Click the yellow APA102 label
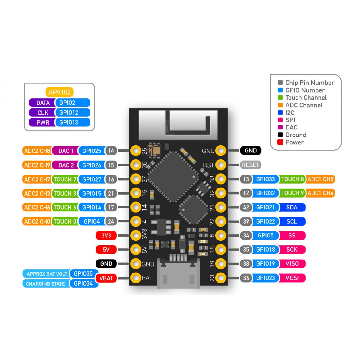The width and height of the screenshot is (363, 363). pyautogui.click(x=60, y=92)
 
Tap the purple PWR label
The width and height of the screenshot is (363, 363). pyautogui.click(x=42, y=123)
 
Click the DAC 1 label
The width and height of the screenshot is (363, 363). pyautogui.click(x=65, y=151)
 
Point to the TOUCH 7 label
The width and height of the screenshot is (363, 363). pyautogui.click(x=64, y=179)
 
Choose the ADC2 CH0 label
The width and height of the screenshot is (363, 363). pyautogui.click(x=37, y=221)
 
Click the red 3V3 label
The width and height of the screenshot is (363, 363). pyautogui.click(x=106, y=236)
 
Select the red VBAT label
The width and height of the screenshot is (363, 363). pyautogui.click(x=106, y=278)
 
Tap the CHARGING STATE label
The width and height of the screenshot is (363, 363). pyautogui.click(x=45, y=284)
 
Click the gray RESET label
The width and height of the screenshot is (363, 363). pyautogui.click(x=250, y=165)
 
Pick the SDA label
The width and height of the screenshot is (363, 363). pyautogui.click(x=292, y=208)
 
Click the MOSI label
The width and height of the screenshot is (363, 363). pyautogui.click(x=292, y=278)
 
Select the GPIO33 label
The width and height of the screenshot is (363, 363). pyautogui.click(x=265, y=179)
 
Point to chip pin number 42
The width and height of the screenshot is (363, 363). pyautogui.click(x=246, y=208)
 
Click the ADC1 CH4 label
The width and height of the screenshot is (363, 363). pyautogui.click(x=320, y=193)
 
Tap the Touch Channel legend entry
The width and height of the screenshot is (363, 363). pyautogui.click(x=306, y=98)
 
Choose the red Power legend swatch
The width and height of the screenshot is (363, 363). pyautogui.click(x=280, y=142)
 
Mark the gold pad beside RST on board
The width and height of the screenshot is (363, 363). pyautogui.click(x=221, y=165)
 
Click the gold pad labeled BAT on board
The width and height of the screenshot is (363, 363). pyautogui.click(x=136, y=278)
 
